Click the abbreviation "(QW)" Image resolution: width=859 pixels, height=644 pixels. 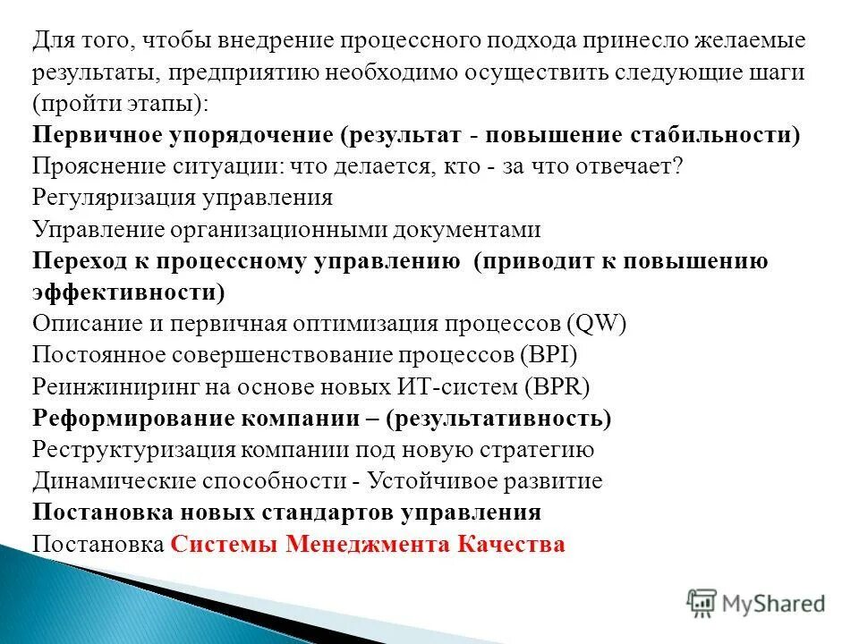(x=596, y=324)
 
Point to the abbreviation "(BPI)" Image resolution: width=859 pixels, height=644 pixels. (x=549, y=355)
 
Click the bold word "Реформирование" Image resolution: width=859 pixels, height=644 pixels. (x=133, y=418)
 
